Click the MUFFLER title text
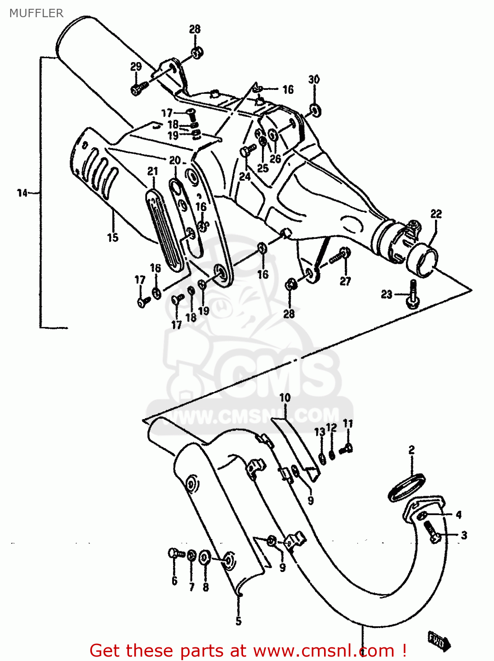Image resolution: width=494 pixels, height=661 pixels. tap(37, 13)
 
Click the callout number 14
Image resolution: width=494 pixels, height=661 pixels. tap(22, 193)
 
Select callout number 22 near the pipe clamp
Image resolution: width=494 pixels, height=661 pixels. tap(436, 214)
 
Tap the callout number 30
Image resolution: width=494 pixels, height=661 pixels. tap(313, 79)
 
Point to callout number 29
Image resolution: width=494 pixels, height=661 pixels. tap(136, 67)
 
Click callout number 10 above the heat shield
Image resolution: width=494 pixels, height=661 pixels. tap(285, 397)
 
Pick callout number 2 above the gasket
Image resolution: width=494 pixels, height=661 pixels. tap(411, 450)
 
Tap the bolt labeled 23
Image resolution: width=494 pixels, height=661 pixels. tap(413, 293)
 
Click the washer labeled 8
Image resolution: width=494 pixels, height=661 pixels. tap(205, 558)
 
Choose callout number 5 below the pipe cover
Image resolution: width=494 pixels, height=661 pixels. tap(238, 621)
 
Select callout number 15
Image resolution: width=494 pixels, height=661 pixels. tap(113, 237)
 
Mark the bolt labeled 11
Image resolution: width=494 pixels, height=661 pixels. tap(347, 449)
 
